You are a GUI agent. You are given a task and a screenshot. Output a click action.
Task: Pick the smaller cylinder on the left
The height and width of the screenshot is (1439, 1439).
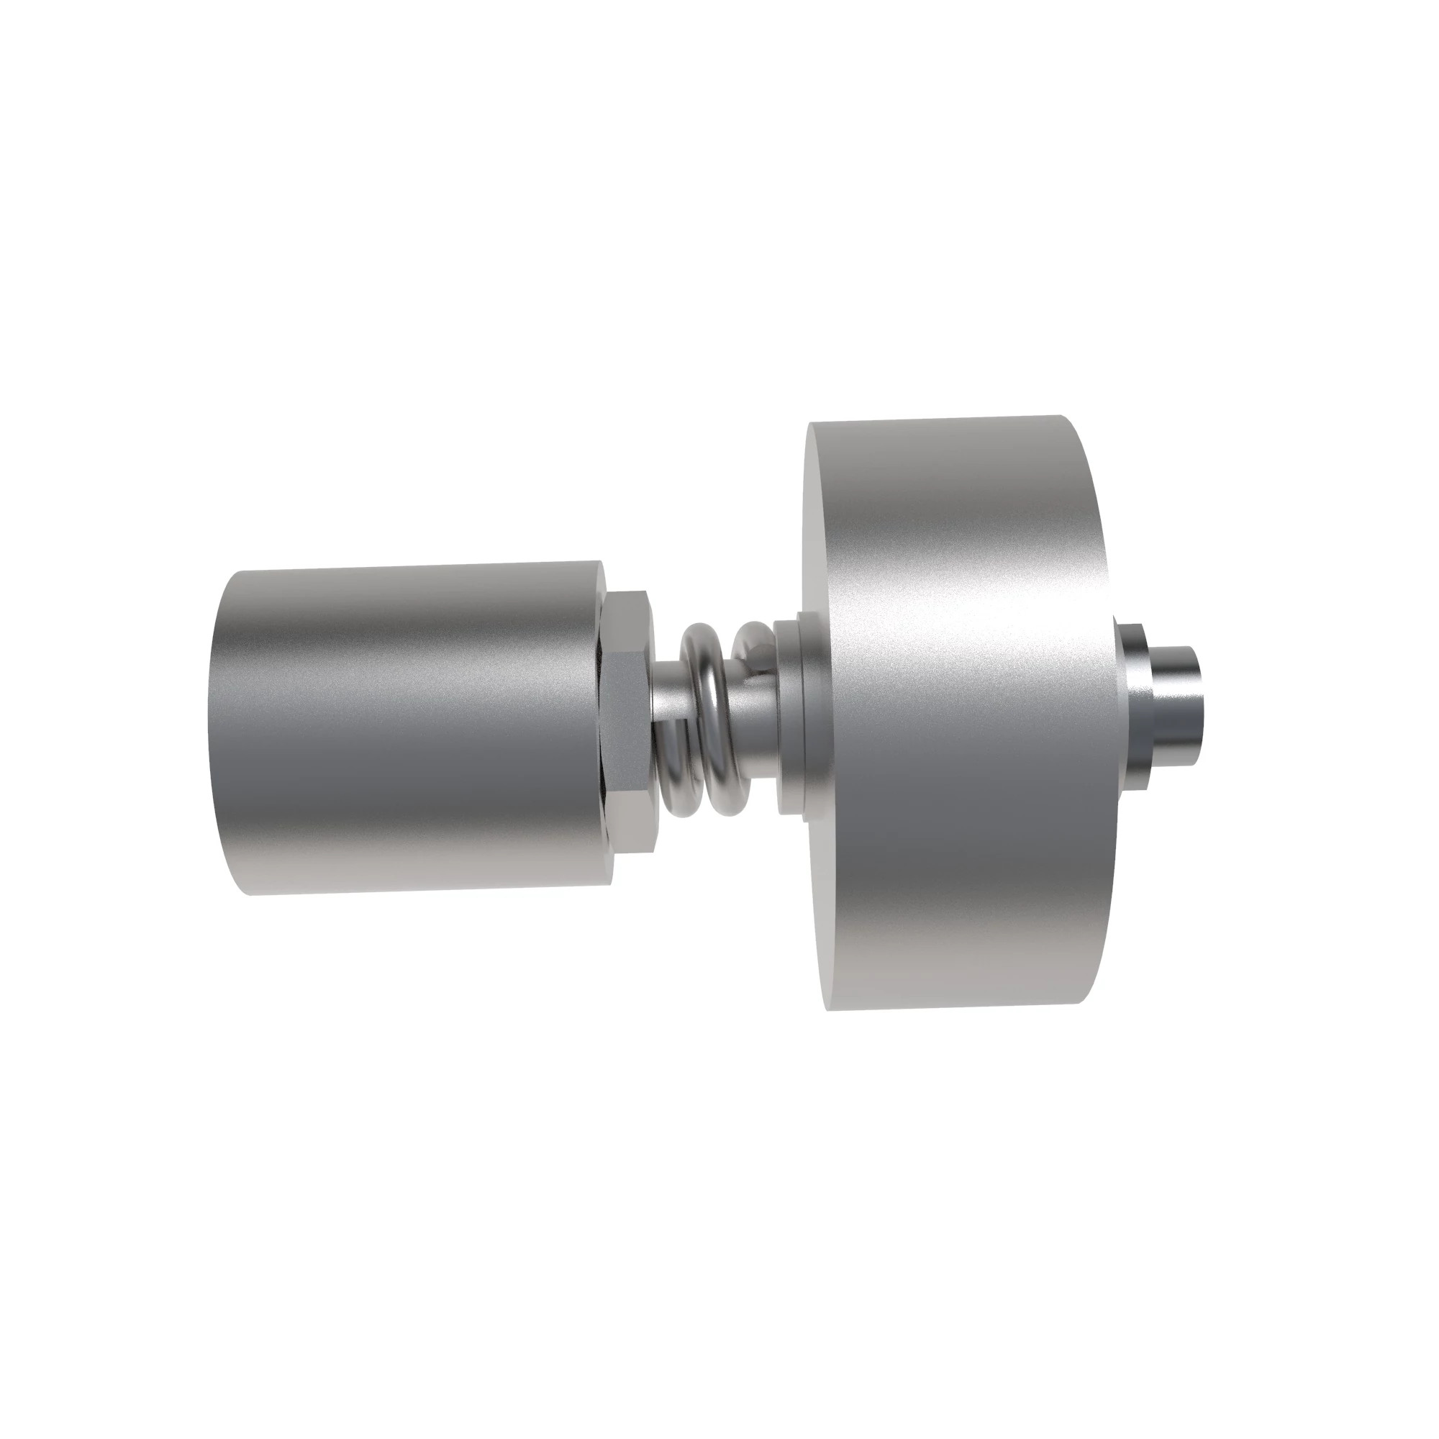[x=409, y=730]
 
